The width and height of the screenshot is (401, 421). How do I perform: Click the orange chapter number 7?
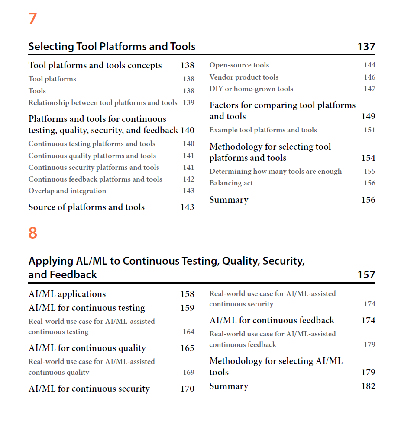pos(32,19)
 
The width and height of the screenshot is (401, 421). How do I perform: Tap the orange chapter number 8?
pos(32,233)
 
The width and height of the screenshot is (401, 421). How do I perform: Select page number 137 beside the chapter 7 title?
pos(366,47)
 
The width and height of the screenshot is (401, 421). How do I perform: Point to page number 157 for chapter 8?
pos(366,275)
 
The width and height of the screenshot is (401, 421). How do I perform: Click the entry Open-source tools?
pos(239,65)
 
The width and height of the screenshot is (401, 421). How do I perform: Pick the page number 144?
pos(369,65)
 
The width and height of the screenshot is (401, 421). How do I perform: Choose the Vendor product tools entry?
pos(244,77)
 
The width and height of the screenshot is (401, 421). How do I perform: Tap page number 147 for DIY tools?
pos(369,89)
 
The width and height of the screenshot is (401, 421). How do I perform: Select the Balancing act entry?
pos(231,183)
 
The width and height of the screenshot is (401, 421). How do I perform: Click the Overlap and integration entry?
pos(67,191)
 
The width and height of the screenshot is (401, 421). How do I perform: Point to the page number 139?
pos(188,103)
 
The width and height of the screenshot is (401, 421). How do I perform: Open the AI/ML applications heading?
pos(67,294)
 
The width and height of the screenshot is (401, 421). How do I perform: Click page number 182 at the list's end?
pos(368,386)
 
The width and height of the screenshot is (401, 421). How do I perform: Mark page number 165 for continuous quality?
pos(187,348)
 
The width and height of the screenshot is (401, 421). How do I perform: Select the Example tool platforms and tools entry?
pos(263,130)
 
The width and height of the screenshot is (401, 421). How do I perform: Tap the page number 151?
pos(369,130)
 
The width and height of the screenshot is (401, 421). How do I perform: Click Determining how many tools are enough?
pos(275,172)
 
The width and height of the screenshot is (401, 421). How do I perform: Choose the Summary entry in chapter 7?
pos(229,200)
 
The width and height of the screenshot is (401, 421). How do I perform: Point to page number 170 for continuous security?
pos(187,389)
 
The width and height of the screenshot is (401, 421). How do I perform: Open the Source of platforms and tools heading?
pos(87,207)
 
